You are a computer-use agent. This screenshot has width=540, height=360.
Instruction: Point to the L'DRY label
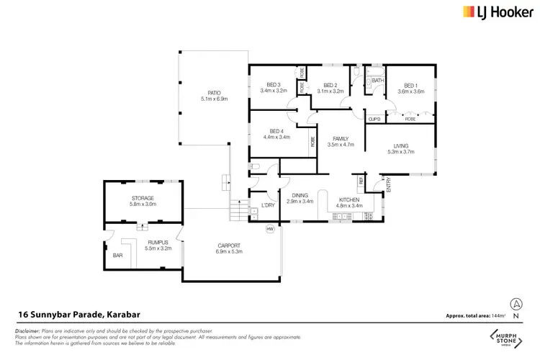click(x=268, y=205)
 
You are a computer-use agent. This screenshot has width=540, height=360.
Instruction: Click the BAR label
click(x=118, y=255)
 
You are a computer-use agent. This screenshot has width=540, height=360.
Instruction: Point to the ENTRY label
click(x=389, y=186)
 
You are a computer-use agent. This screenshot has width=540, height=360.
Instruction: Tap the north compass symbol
click(x=515, y=306)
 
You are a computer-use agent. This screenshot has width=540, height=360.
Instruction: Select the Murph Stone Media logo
click(x=505, y=338)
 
